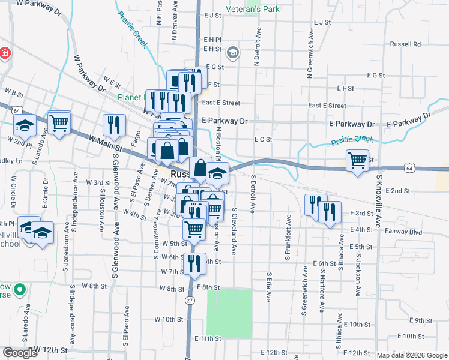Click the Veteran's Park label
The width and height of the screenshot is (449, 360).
click(253, 10)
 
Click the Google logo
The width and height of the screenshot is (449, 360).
click(20, 353)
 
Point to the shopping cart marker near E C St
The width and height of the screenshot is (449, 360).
click(357, 160)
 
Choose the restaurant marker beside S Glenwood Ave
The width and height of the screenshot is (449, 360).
click(114, 125)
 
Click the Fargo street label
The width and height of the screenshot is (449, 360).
click(137, 139)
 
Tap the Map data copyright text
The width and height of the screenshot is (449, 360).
click(411, 355)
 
